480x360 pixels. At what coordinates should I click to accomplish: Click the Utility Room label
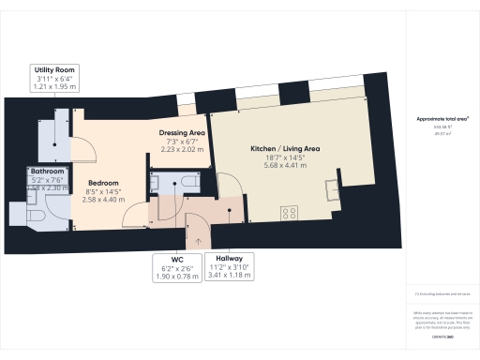(x=54, y=70)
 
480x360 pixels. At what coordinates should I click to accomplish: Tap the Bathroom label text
(x=46, y=172)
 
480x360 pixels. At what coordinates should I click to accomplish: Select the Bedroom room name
(x=103, y=183)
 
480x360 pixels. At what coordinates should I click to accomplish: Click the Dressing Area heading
(x=183, y=131)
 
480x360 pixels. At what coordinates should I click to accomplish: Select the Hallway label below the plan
(x=230, y=258)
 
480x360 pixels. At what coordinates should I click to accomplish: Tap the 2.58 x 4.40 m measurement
(x=103, y=200)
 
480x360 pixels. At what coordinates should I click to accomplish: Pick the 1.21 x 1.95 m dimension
(x=54, y=87)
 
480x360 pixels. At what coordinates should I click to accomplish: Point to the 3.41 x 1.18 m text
(x=230, y=275)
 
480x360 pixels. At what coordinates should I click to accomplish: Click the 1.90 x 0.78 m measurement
(x=176, y=275)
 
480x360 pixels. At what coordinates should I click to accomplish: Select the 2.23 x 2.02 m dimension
(x=183, y=148)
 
